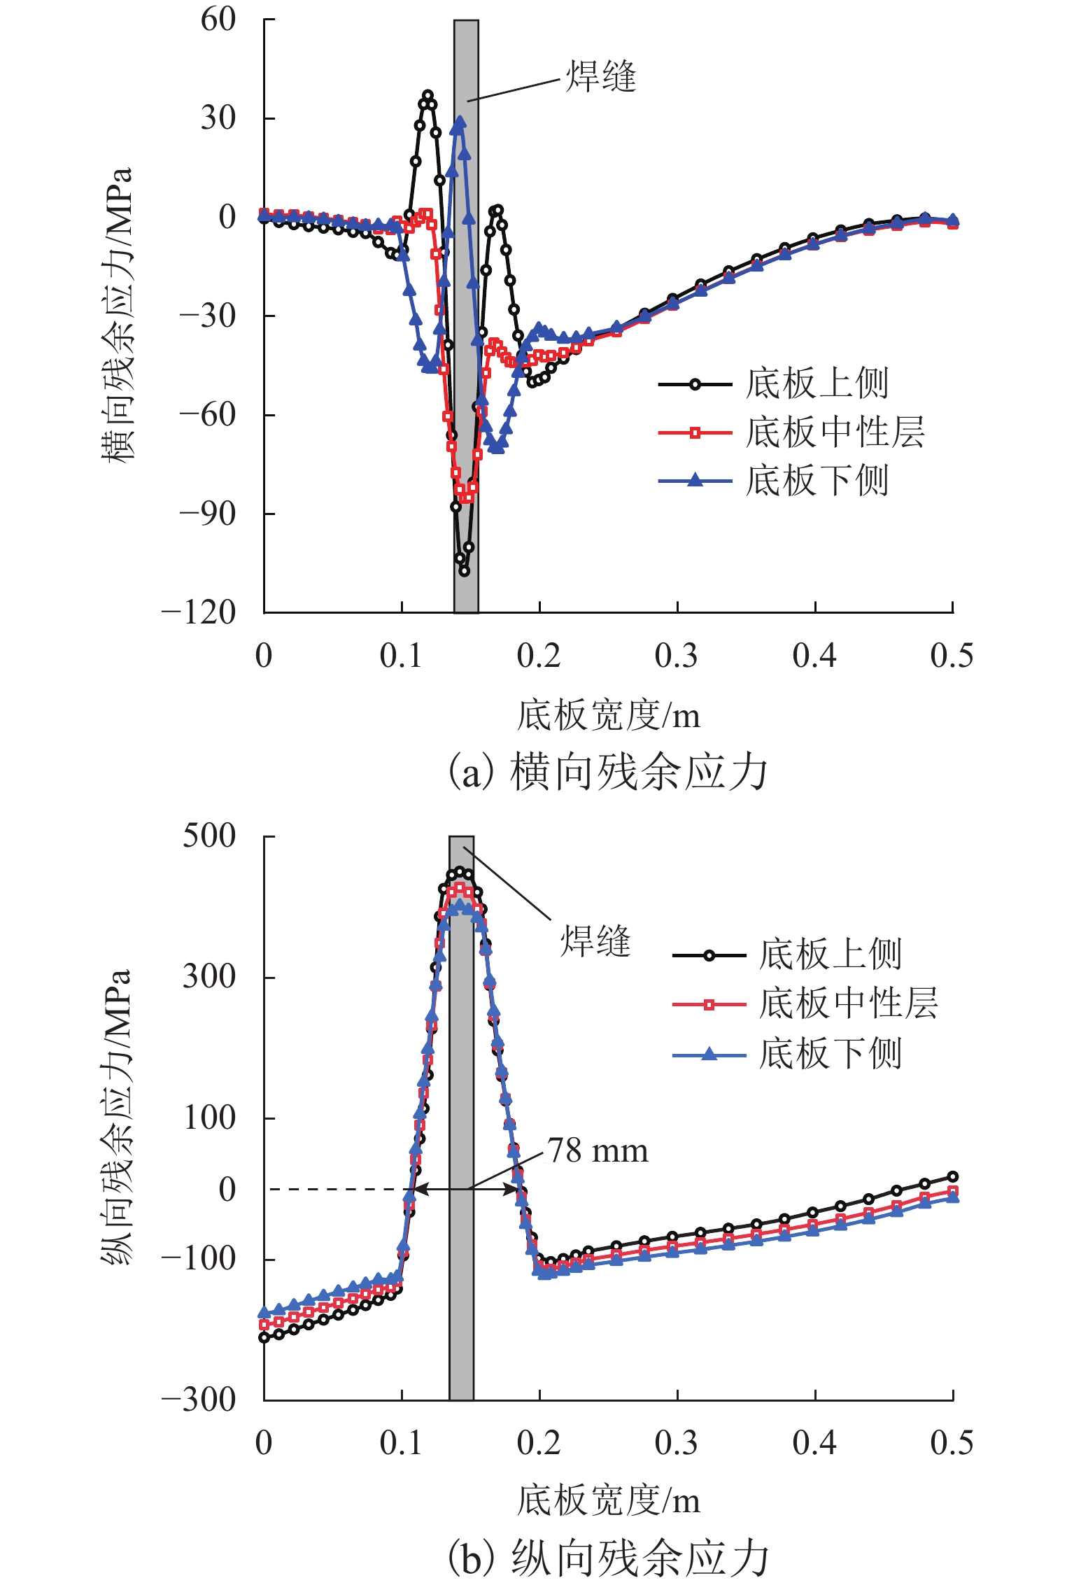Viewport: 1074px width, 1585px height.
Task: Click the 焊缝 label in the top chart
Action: coord(600,76)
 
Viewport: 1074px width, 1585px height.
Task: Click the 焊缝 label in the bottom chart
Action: coord(595,941)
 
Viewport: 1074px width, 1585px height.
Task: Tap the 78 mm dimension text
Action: coord(598,1151)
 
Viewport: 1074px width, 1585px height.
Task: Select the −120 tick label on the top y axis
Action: coord(199,613)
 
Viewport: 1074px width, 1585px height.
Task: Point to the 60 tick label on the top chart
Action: coord(218,20)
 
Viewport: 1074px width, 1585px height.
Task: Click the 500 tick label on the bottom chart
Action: coord(209,836)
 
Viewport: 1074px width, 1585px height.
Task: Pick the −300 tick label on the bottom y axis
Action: coord(199,1400)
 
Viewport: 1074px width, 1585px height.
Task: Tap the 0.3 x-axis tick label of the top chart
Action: coord(676,656)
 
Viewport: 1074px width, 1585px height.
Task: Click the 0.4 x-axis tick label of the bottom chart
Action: coord(814,1443)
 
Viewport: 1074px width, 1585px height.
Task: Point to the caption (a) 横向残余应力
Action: coord(607,773)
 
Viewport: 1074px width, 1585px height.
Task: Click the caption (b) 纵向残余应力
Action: coord(607,1559)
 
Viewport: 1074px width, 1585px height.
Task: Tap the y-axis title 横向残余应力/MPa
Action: coord(116,315)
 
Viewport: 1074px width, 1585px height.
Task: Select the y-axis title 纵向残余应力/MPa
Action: coord(116,1118)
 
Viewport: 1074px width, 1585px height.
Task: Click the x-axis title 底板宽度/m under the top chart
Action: coord(607,715)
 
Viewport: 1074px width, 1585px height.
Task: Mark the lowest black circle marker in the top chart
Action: coord(465,571)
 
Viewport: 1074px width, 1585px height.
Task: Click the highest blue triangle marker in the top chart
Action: coord(460,121)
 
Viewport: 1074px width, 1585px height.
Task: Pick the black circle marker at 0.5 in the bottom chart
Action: coord(952,1176)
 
